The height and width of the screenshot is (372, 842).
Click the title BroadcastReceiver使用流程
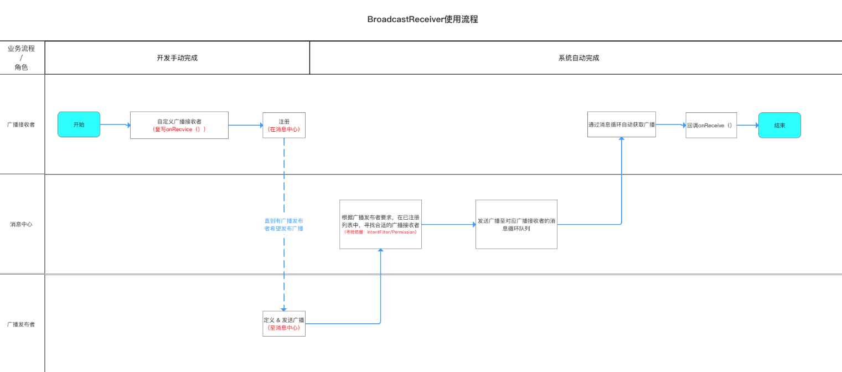[422, 19]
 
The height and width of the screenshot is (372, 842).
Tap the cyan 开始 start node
[79, 125]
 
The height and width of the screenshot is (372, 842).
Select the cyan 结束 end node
[779, 125]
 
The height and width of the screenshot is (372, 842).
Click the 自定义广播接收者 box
[179, 125]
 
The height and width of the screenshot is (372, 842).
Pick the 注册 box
[283, 125]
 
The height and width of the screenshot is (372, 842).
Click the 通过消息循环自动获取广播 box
[621, 125]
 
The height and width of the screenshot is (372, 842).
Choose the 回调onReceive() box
[711, 125]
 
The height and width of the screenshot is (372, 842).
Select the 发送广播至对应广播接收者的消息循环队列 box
[516, 224]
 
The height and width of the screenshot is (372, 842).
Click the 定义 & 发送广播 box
[283, 323]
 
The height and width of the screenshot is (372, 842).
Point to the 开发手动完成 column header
[177, 58]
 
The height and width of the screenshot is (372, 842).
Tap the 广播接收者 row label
[21, 125]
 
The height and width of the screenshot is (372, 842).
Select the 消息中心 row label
[21, 224]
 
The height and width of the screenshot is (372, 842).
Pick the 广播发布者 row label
[21, 324]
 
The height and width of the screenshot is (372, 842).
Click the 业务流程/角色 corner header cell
[21, 58]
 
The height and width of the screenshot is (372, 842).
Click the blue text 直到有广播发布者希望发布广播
[283, 224]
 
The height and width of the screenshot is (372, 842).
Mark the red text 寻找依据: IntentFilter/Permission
[380, 232]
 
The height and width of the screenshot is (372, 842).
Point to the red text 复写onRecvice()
[179, 129]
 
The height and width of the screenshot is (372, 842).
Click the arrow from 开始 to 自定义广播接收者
[115, 125]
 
